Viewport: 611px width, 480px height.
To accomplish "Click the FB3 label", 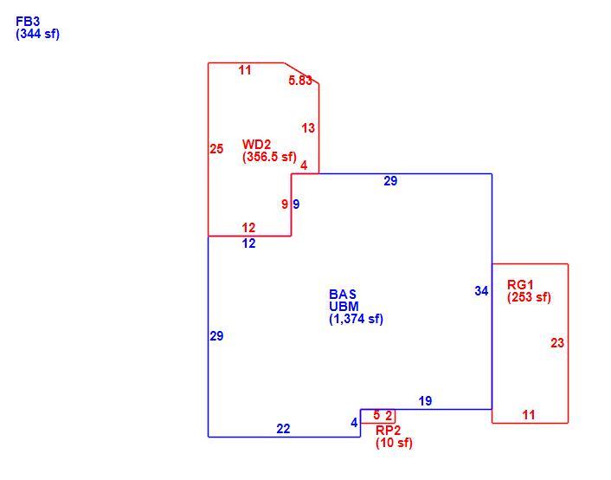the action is point(28,21).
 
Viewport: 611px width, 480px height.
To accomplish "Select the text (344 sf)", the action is point(37,34).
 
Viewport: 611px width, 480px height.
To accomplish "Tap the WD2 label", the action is point(256,144).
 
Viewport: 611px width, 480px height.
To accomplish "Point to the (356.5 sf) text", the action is point(269,157).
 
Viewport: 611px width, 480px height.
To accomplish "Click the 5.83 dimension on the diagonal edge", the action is point(300,81).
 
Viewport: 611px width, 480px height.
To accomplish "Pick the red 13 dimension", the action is point(308,128).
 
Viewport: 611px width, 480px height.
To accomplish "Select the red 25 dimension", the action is point(216,149).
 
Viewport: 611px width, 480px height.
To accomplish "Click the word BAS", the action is point(343,294).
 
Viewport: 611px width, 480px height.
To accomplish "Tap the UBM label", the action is point(344,307).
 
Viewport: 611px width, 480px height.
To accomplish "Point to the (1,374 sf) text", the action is point(357,319).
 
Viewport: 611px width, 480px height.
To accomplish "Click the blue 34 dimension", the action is point(481,291).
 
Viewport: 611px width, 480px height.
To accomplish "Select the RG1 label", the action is point(520,284).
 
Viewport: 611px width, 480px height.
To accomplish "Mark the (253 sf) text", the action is point(529,297).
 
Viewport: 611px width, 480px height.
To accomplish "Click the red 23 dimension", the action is point(557,342).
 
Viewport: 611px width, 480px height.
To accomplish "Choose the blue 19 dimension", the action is point(425,401).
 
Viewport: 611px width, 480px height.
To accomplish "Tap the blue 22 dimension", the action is point(283,429).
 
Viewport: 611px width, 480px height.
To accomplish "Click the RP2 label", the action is point(388,430).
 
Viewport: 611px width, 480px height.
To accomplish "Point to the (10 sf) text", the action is point(394,443).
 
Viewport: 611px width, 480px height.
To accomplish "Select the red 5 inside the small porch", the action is point(376,415).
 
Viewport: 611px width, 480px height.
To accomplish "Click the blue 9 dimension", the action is point(296,204).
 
